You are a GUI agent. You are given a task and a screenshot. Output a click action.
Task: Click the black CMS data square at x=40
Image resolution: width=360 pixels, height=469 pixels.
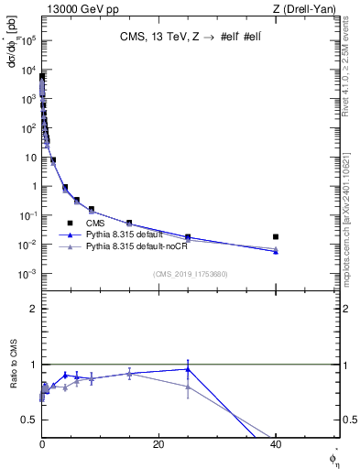click(x=276, y=236)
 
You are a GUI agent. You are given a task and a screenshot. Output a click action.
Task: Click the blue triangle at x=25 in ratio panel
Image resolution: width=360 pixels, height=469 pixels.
click(x=188, y=369)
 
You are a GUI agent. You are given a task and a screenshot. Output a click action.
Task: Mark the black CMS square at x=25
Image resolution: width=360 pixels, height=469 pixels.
click(x=188, y=236)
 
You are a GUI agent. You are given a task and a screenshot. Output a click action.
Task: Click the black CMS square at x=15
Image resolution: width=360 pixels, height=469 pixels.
click(x=129, y=224)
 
